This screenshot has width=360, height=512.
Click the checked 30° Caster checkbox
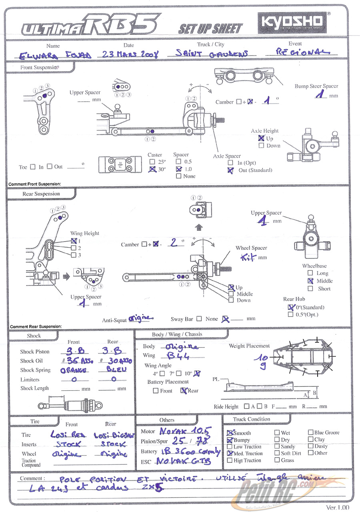[x=152, y=169]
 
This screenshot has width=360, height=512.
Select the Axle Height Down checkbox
[x=261, y=146]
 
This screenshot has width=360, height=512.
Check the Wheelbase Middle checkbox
[x=310, y=281]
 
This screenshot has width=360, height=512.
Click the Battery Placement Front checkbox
[x=156, y=391]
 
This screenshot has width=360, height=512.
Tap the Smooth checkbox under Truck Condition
[x=230, y=433]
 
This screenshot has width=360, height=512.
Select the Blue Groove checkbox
[x=310, y=432]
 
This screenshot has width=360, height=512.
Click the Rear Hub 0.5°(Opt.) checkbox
[x=290, y=315]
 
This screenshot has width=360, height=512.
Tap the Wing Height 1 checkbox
[x=74, y=241]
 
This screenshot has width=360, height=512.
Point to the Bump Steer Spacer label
[x=316, y=86]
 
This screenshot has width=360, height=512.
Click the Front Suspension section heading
[x=39, y=68]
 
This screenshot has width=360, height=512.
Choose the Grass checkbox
[x=277, y=460]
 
